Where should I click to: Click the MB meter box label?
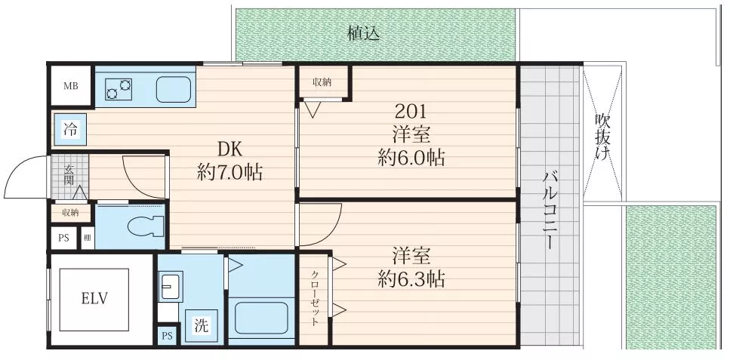71,86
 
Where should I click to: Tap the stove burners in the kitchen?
119,89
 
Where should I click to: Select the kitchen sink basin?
173,89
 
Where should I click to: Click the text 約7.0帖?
230,173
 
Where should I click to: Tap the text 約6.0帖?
411,158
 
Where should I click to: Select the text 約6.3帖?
411,279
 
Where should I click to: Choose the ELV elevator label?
94,299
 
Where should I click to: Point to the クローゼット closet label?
315,299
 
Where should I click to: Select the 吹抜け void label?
602,137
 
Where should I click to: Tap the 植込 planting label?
364,33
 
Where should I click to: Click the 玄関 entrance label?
69,174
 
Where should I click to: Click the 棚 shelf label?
88,238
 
